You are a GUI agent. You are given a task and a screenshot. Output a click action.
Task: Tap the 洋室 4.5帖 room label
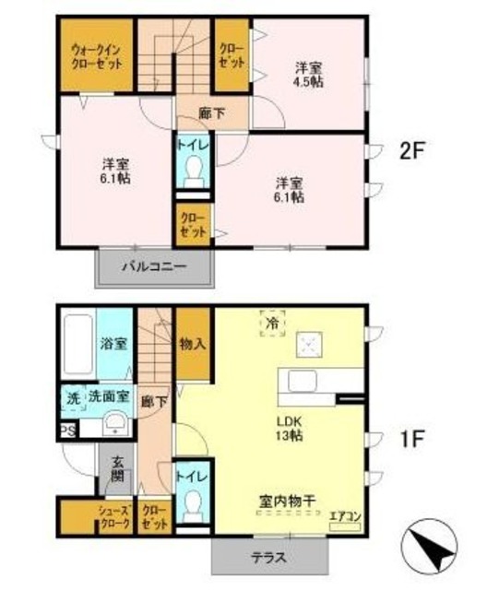pyautogui.click(x=308, y=73)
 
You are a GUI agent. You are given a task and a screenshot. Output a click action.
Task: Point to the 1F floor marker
pyautogui.click(x=410, y=440)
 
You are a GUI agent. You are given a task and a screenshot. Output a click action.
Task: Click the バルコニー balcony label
pyautogui.click(x=155, y=268)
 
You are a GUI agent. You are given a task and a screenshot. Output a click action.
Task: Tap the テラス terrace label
pyautogui.click(x=270, y=557)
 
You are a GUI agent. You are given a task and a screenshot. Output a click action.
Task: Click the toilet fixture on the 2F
pyautogui.click(x=192, y=171)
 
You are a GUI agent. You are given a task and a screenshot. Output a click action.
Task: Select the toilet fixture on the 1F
pyautogui.click(x=192, y=503)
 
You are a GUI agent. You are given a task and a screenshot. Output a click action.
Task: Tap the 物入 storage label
pyautogui.click(x=193, y=344)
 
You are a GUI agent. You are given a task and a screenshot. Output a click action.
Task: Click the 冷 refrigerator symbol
pyautogui.click(x=272, y=324)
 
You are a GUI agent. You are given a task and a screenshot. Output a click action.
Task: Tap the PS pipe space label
pyautogui.click(x=66, y=431)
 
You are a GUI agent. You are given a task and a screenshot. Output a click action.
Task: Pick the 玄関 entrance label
pyautogui.click(x=117, y=471)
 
